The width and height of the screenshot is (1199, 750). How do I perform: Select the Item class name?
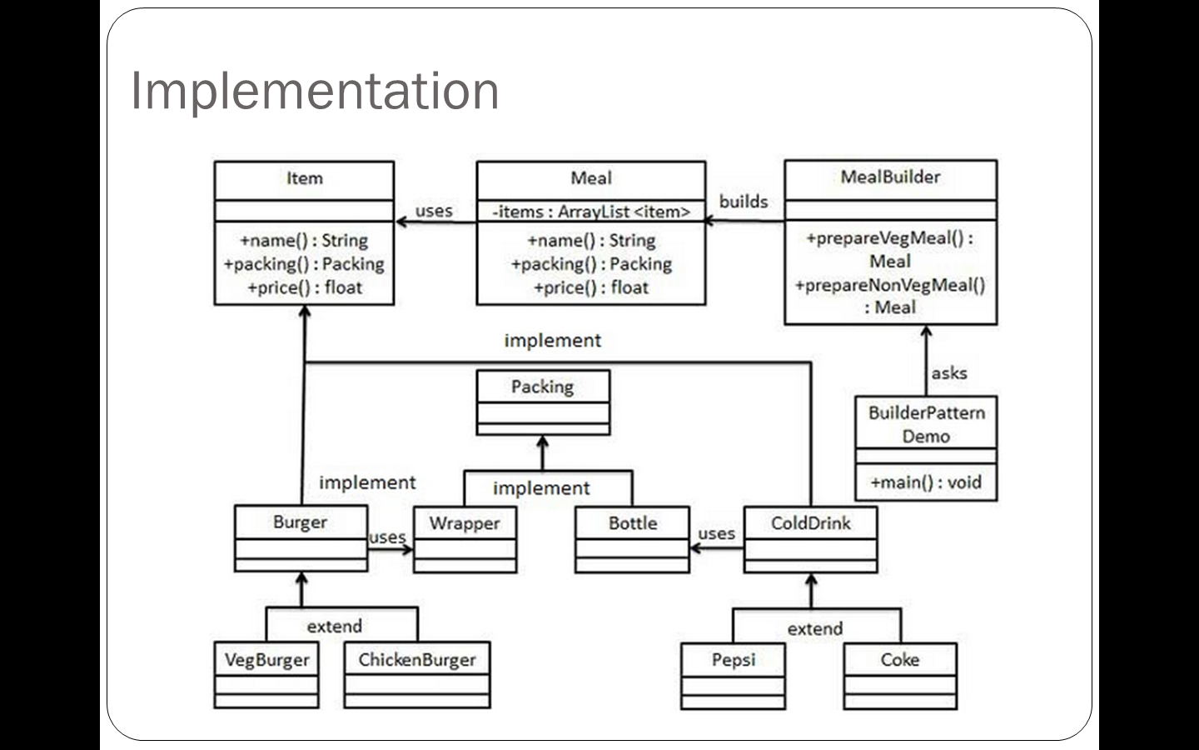pyautogui.click(x=304, y=178)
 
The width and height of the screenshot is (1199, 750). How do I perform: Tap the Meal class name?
pyautogui.click(x=590, y=178)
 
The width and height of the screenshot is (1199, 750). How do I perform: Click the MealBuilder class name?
pyautogui.click(x=890, y=177)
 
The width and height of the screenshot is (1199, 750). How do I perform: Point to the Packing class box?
pyautogui.click(x=543, y=402)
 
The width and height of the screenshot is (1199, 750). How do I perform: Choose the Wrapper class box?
pyautogui.click(x=465, y=538)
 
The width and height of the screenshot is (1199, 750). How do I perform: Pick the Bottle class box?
pyautogui.click(x=632, y=538)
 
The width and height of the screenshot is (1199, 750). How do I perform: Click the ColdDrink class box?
pyautogui.click(x=810, y=538)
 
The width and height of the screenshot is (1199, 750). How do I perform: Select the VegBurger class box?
pyautogui.click(x=266, y=674)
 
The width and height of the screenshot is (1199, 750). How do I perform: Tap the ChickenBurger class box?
pyautogui.click(x=416, y=674)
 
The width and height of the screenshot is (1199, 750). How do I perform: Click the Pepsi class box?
pyautogui.click(x=733, y=674)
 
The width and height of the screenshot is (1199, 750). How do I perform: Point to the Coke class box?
pyautogui.click(x=899, y=674)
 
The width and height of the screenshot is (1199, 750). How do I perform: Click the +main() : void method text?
pyautogui.click(x=926, y=482)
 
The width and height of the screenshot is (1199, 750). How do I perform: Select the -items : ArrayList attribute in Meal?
pyautogui.click(x=590, y=212)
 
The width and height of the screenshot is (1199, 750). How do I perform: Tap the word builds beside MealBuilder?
pyautogui.click(x=744, y=202)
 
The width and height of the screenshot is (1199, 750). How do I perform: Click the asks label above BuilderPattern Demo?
pyautogui.click(x=949, y=373)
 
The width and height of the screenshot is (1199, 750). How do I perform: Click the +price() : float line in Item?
pyautogui.click(x=304, y=288)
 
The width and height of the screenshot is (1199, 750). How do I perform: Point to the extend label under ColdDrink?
pyautogui.click(x=815, y=629)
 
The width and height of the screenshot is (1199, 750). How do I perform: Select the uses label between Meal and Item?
pyautogui.click(x=434, y=211)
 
